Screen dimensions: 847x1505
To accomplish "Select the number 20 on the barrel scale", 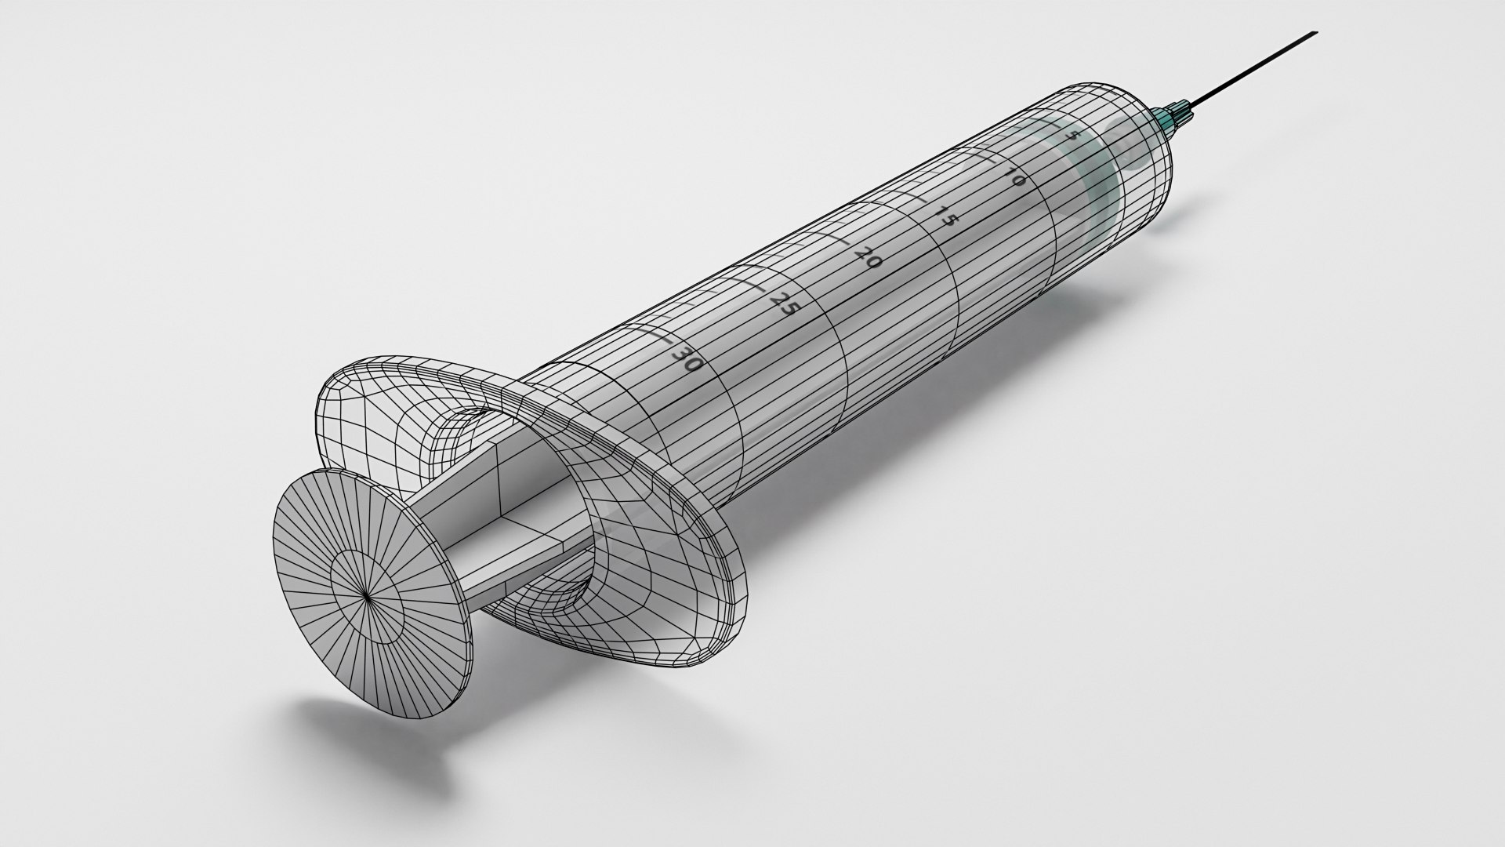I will (869, 256).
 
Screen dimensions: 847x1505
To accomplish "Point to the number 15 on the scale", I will (947, 215).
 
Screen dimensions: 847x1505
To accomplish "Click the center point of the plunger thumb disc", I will (368, 596).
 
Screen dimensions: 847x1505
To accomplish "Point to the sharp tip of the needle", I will (1316, 33).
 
